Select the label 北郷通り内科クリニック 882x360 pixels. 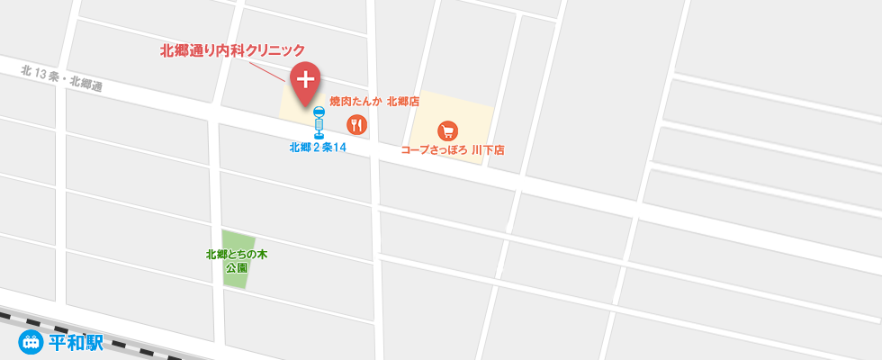tap(232, 51)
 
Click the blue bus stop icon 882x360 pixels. tap(318, 122)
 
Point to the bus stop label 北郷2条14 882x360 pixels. tap(318, 148)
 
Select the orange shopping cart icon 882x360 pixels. tap(447, 130)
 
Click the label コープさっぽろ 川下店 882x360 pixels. tap(452, 150)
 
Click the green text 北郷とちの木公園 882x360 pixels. tap(237, 261)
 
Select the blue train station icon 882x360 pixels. tap(31, 342)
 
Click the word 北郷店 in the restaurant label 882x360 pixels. tap(403, 102)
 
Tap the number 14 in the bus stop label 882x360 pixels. tap(339, 148)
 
